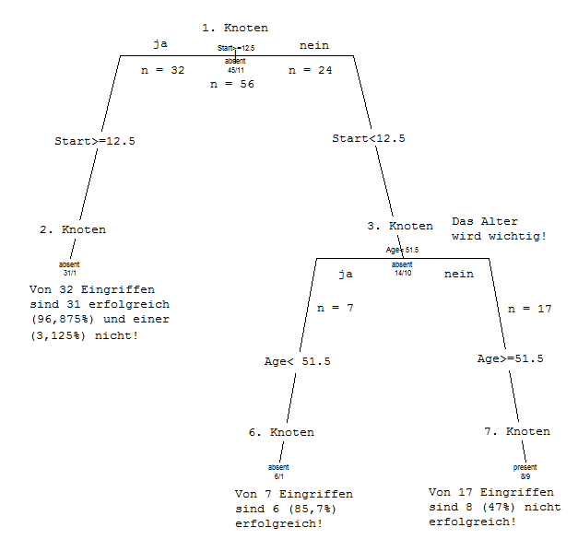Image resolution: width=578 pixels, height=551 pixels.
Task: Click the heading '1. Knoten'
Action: click(235, 29)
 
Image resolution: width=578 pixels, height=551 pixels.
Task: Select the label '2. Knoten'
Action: click(72, 229)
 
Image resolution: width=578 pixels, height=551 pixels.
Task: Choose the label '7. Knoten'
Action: click(516, 431)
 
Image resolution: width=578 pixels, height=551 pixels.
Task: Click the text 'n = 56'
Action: click(233, 84)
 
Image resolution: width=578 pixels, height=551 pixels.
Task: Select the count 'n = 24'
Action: click(310, 70)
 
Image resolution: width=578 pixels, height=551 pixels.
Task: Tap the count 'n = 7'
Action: click(336, 308)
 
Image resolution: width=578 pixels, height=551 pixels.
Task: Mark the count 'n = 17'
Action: click(530, 309)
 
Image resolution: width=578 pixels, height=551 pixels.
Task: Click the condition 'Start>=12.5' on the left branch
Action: click(96, 141)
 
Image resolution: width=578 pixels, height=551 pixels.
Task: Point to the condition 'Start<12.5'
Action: click(369, 138)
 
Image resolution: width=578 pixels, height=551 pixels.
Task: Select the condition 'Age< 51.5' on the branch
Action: click(297, 361)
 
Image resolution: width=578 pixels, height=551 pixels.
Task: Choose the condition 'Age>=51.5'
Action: click(510, 358)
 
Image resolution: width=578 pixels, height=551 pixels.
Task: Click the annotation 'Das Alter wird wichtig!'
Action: click(499, 229)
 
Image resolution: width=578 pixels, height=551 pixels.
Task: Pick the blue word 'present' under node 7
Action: click(525, 467)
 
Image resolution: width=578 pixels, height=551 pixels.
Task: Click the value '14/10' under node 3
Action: click(403, 273)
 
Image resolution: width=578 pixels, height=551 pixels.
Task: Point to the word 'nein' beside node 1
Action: click(313, 45)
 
